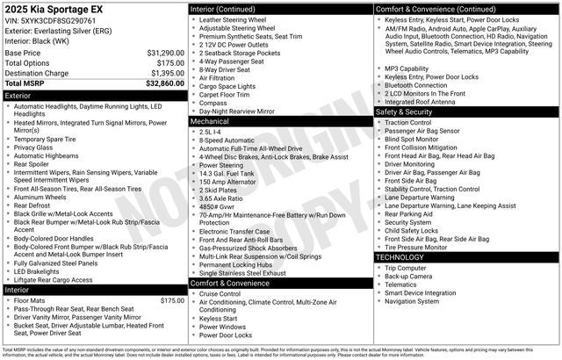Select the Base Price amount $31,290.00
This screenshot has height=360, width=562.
tap(165, 54)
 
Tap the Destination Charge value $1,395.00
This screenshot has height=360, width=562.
tap(167, 73)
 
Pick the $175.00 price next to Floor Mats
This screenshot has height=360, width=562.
tap(171, 301)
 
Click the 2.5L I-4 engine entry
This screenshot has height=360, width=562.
tap(212, 131)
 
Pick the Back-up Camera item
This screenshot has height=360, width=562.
tap(410, 276)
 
